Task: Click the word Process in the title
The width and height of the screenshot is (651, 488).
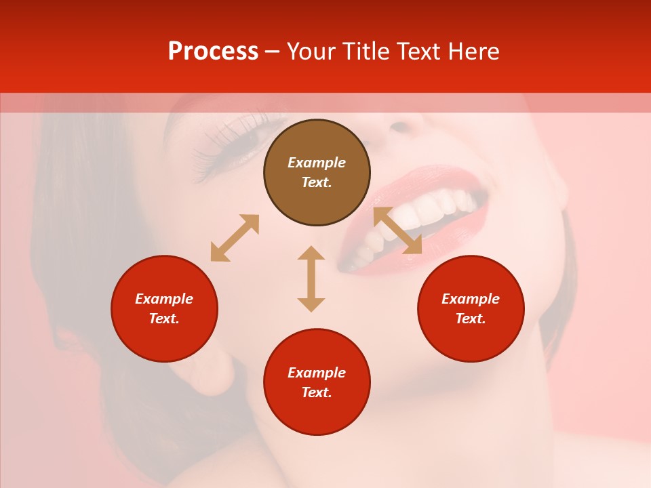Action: coord(213,52)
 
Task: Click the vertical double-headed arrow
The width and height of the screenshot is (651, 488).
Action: coord(311,279)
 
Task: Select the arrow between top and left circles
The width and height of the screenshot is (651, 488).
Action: coord(235,237)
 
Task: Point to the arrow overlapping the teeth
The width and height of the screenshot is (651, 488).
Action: coord(397,230)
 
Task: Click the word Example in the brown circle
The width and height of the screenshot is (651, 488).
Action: coord(317,163)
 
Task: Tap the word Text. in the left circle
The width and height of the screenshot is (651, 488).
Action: coord(164,319)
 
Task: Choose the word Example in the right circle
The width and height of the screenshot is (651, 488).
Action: coord(471,299)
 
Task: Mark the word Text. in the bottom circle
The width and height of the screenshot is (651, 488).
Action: coord(317,392)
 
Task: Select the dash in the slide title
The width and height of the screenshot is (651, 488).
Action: coord(272,52)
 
